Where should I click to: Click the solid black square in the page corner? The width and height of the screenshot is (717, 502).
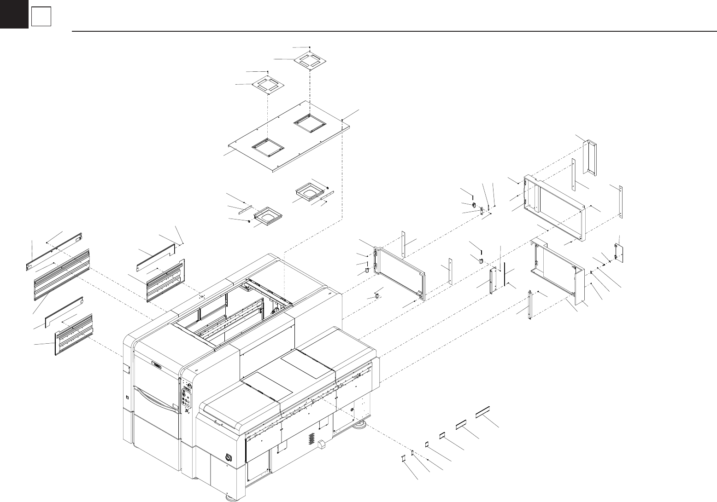[x=14, y=14]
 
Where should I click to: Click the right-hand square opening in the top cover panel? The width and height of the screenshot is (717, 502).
[x=310, y=123]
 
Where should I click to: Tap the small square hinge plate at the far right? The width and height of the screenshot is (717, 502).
[x=619, y=253]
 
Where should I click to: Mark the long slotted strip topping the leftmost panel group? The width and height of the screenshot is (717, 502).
[x=54, y=251]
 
